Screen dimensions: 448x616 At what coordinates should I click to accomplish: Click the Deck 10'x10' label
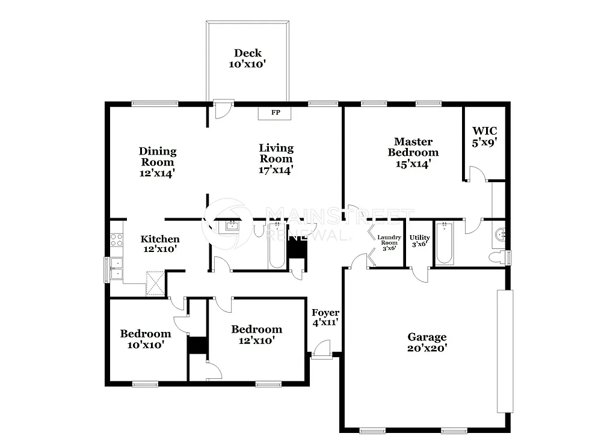(247, 58)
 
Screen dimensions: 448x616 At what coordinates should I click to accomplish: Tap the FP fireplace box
(275, 113)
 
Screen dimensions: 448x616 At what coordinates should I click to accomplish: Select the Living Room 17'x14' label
(276, 159)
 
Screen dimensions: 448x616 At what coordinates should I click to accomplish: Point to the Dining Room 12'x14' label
(158, 162)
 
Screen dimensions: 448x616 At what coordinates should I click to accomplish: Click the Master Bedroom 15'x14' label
(413, 152)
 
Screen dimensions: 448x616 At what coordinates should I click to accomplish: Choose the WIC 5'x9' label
(484, 137)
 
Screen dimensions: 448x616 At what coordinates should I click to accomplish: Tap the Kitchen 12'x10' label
(159, 244)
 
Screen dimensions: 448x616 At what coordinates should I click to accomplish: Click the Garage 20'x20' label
(427, 342)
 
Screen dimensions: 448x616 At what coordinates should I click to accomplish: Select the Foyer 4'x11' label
(325, 318)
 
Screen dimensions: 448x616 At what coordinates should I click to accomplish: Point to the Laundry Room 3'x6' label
(389, 242)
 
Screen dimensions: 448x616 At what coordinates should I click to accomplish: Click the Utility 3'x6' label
(419, 241)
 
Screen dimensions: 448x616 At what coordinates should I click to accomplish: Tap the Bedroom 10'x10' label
(145, 339)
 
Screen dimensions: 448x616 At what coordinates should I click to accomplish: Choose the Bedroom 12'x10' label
(256, 334)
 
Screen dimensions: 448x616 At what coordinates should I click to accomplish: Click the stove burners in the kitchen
(116, 239)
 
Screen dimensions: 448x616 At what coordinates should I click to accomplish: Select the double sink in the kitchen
(116, 269)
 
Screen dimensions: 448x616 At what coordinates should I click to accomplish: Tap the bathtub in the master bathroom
(445, 244)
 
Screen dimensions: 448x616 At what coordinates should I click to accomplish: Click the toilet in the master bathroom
(497, 257)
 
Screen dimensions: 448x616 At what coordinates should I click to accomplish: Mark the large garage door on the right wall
(505, 351)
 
